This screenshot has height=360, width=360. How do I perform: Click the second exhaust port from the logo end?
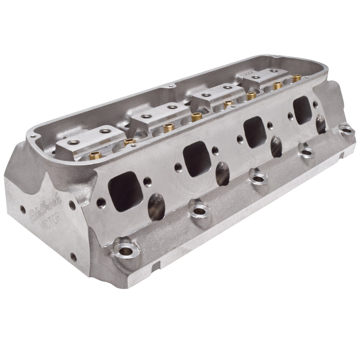tap(197, 157)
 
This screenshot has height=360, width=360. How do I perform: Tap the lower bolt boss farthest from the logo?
tap(347, 131)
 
